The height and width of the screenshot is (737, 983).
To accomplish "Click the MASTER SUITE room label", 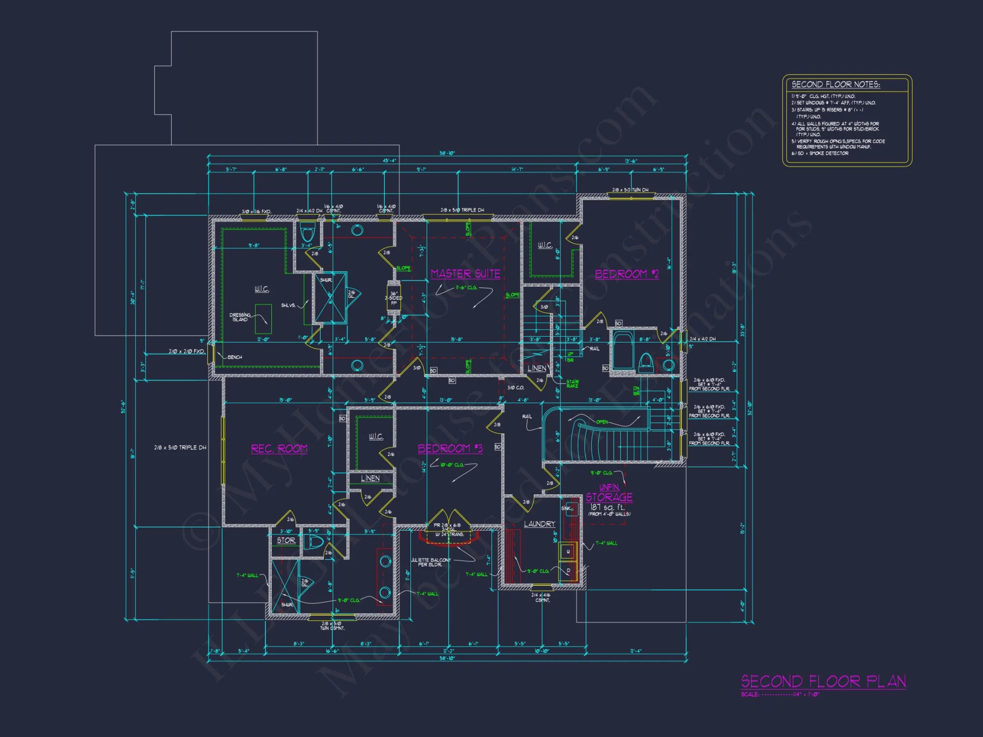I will pos(465,274).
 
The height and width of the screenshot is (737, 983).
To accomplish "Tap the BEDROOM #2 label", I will pos(627,274).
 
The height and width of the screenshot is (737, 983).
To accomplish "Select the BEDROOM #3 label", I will pos(450,448).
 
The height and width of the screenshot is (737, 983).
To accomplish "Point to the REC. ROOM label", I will pos(279,449).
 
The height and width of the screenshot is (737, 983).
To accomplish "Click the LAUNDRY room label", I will pos(539,524).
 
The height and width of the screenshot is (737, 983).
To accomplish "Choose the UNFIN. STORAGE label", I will pos(609,492).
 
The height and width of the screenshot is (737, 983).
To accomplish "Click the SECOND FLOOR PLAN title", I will pos(823,681).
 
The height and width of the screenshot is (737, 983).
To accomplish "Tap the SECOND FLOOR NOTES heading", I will pos(836,85).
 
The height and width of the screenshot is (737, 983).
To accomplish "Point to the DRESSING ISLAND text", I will pos(240,317).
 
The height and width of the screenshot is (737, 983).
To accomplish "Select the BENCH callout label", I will pos(235,357).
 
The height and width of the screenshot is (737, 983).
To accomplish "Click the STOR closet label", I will pos(286,540).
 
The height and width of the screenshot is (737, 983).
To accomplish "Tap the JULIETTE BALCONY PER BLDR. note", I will pos(431,562).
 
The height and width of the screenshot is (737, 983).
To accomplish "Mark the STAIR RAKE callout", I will pos(573,384).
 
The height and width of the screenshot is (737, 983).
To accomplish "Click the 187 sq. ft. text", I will pos(607,507).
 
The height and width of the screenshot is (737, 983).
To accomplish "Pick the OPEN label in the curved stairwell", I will pos(602,422).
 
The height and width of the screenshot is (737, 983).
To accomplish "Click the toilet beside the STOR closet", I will pos(314,542).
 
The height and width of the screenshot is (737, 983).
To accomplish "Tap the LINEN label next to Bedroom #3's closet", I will pos(370,478).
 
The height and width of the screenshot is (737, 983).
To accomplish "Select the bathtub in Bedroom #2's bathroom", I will pos(624,350).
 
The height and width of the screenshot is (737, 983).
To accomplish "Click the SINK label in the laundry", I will pos(567,509).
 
